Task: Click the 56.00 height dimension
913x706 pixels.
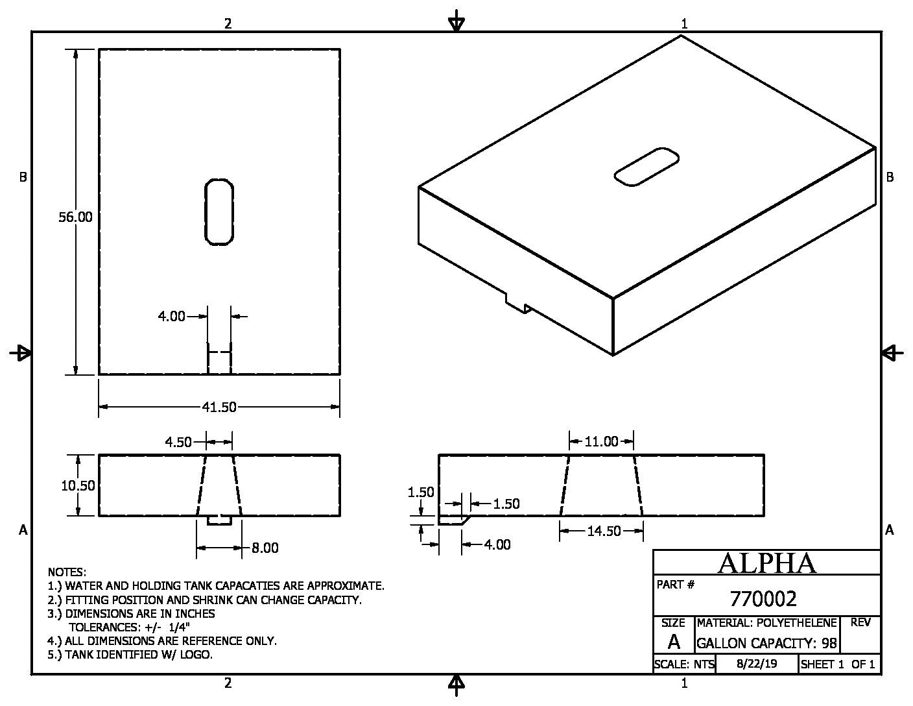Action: pyautogui.click(x=75, y=217)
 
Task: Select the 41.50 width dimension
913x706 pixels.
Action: pyautogui.click(x=219, y=408)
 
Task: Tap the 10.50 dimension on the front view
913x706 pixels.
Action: pyautogui.click(x=78, y=485)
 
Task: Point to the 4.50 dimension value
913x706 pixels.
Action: pyautogui.click(x=178, y=443)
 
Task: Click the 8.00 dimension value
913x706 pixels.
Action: pyautogui.click(x=265, y=548)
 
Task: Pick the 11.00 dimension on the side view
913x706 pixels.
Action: pyautogui.click(x=601, y=442)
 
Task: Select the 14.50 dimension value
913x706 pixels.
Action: pyautogui.click(x=604, y=531)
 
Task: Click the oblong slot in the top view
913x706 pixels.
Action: pyautogui.click(x=219, y=212)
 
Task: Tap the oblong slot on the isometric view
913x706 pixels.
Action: pyautogui.click(x=646, y=167)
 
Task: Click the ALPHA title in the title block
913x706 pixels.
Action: pyautogui.click(x=766, y=563)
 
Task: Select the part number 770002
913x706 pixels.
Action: pyautogui.click(x=763, y=598)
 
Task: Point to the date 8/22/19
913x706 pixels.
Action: pyautogui.click(x=757, y=664)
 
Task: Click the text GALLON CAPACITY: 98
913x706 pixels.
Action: pyautogui.click(x=766, y=644)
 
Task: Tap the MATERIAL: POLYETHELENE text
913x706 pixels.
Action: pyautogui.click(x=766, y=623)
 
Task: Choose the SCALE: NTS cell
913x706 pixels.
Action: pyautogui.click(x=684, y=664)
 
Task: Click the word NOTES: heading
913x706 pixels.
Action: pyautogui.click(x=67, y=572)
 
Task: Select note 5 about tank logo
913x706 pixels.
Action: pyautogui.click(x=130, y=655)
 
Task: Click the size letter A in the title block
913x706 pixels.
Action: pyautogui.click(x=674, y=642)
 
